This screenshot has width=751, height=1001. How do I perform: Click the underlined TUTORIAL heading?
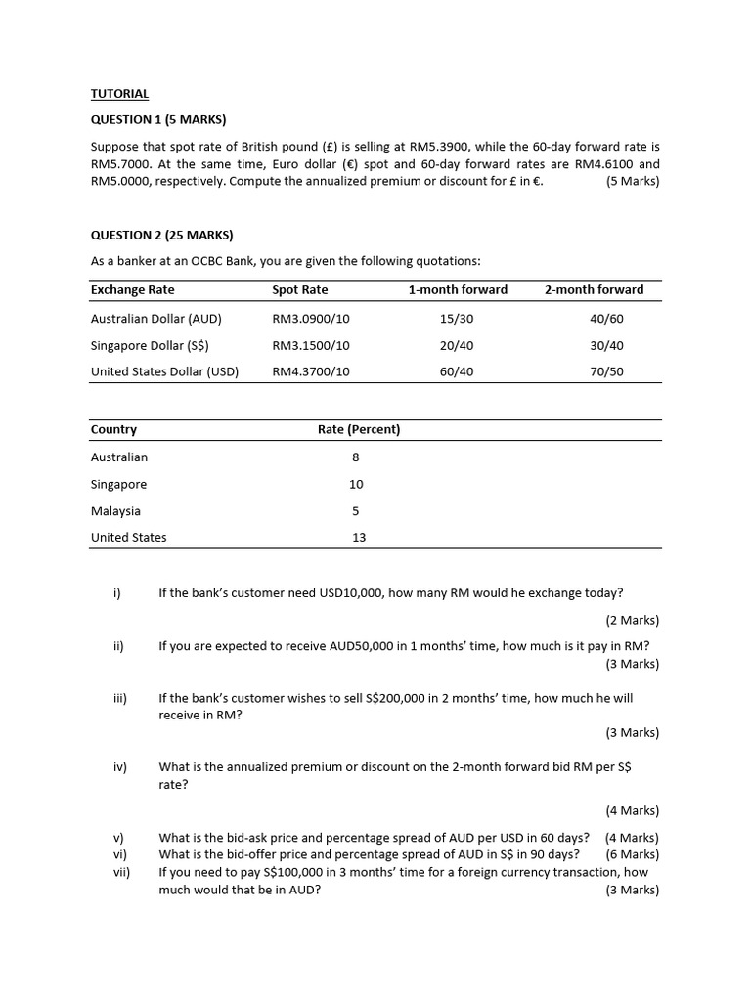tap(119, 94)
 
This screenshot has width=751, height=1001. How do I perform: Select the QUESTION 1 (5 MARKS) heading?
tap(157, 120)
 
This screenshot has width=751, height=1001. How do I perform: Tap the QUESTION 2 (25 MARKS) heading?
tap(161, 235)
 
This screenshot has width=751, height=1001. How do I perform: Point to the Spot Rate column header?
tap(300, 289)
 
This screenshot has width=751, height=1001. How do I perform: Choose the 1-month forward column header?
tap(458, 289)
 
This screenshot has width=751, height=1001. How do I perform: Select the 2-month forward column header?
tap(594, 289)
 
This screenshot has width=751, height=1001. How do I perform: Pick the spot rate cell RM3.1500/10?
tap(311, 345)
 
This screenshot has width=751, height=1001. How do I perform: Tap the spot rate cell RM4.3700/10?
tap(311, 371)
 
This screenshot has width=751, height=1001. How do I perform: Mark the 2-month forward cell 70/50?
tap(606, 371)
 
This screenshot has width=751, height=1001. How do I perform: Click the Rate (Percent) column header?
tap(359, 429)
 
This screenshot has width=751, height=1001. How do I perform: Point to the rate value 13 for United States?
tap(359, 537)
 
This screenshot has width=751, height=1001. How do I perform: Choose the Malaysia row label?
tap(115, 510)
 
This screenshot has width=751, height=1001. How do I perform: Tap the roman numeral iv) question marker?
tap(120, 767)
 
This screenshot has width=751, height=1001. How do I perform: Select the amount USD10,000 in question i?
tap(351, 592)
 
